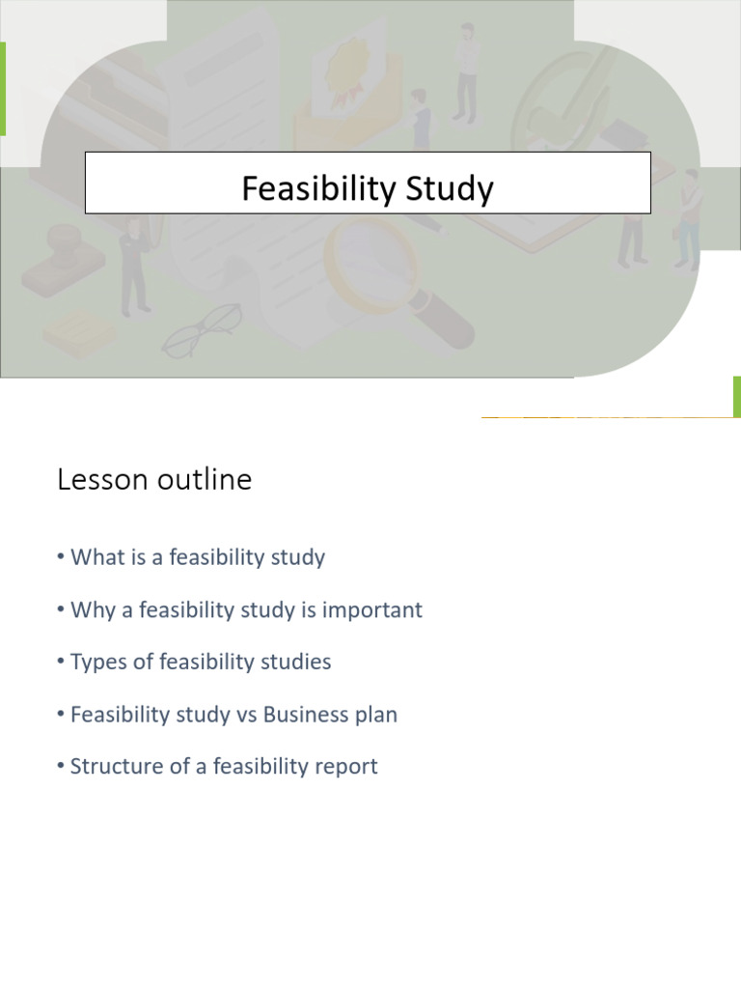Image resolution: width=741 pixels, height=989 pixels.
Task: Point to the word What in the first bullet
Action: (95, 557)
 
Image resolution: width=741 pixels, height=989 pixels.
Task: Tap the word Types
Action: (98, 662)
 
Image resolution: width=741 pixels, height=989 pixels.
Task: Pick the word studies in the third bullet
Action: (293, 662)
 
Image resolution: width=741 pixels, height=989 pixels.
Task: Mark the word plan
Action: (375, 716)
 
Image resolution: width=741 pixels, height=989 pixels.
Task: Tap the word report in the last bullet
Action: (344, 768)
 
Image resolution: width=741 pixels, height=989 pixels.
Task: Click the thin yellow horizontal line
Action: (608, 417)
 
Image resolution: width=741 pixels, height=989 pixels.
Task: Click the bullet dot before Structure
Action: (61, 767)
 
